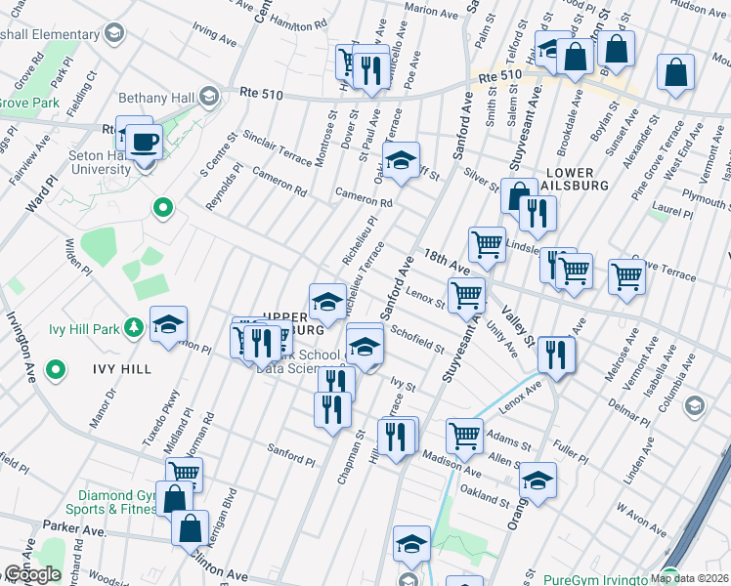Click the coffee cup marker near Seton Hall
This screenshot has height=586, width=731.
(146, 142)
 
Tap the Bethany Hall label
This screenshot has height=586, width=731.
(157, 99)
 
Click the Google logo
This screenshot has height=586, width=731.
(31, 574)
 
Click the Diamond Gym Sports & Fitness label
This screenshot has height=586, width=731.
(110, 501)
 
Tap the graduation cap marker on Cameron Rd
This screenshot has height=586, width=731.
(400, 161)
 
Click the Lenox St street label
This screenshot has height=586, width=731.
(426, 294)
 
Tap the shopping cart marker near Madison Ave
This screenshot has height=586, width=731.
(464, 436)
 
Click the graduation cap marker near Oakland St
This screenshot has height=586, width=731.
(537, 481)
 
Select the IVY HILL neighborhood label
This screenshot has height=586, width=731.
(120, 368)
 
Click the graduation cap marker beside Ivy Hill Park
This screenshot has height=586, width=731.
(168, 325)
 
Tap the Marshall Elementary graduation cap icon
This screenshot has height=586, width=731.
(115, 35)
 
